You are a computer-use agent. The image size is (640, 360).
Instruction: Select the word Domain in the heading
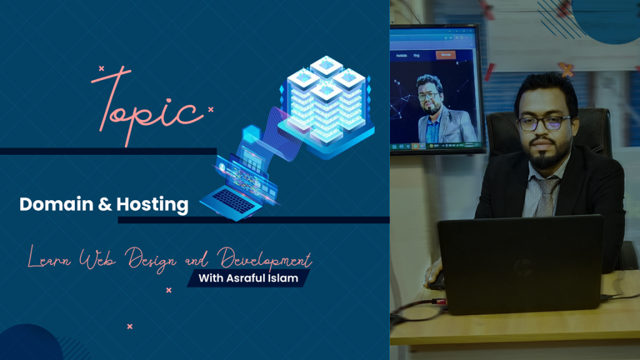click(52, 204)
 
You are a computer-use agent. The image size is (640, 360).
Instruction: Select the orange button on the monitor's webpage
click(445, 55)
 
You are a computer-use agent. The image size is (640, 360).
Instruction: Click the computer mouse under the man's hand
click(435, 279)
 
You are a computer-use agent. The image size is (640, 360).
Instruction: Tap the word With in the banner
click(211, 277)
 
